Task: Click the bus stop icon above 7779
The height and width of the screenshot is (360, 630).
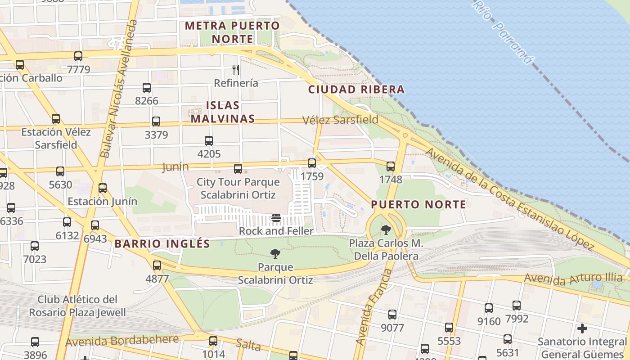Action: click(x=78, y=56)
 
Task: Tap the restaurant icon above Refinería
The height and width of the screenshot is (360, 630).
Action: click(x=235, y=69)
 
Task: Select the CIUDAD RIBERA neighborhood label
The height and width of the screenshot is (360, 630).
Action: click(x=356, y=90)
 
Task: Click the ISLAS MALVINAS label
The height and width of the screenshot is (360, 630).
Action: click(x=223, y=112)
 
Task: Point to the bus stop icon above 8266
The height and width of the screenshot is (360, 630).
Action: click(x=147, y=88)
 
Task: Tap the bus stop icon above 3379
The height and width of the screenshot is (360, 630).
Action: click(x=156, y=121)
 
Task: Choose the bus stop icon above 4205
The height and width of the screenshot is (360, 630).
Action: click(x=209, y=141)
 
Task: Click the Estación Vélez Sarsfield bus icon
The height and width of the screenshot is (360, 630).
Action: click(x=56, y=119)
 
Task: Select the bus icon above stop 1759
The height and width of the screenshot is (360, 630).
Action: click(x=312, y=163)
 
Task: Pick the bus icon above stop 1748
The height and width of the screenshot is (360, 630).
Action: click(x=391, y=166)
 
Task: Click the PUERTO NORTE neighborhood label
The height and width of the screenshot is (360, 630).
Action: click(x=418, y=205)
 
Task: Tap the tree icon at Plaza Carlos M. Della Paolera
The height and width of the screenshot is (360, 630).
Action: click(x=386, y=230)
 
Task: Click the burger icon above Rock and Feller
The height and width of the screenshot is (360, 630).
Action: click(x=276, y=218)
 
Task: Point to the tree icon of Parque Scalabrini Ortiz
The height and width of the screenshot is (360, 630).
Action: click(x=275, y=254)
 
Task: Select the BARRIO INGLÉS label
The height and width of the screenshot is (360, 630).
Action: click(x=162, y=244)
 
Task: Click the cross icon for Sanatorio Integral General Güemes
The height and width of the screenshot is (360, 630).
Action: click(x=582, y=328)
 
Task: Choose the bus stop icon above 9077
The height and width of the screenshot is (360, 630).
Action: click(x=392, y=315)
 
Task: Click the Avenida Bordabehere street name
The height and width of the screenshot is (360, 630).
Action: click(x=122, y=341)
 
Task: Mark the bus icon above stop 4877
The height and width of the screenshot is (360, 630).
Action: click(x=157, y=265)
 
